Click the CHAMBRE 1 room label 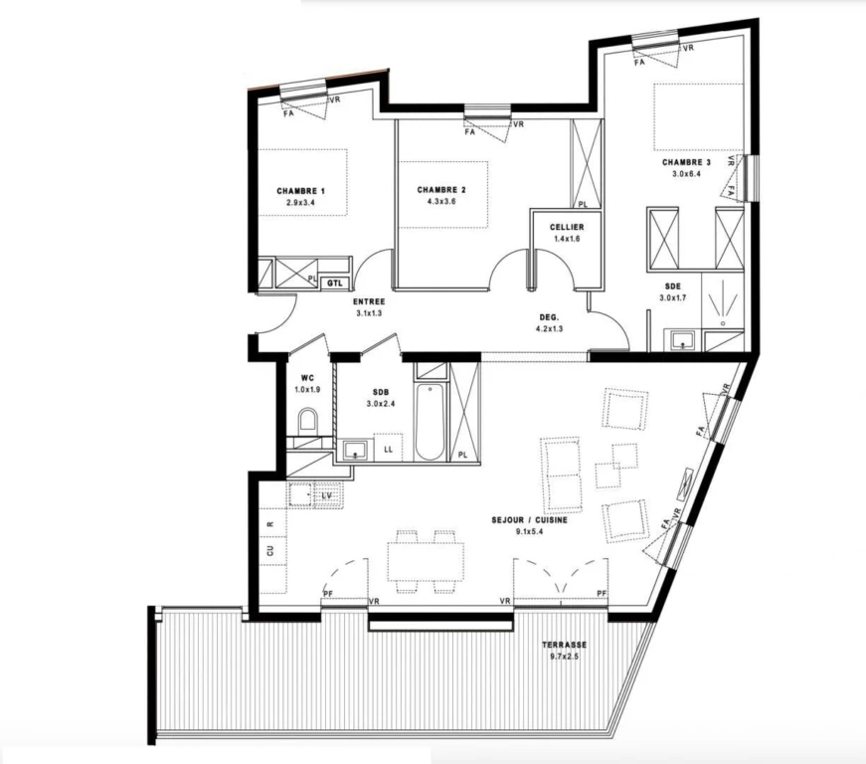pyautogui.click(x=300, y=191)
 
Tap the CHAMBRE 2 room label pyautogui.click(x=441, y=190)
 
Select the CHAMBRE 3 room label pyautogui.click(x=686, y=162)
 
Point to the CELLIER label pyautogui.click(x=567, y=227)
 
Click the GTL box pyautogui.click(x=335, y=284)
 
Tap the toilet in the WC pyautogui.click(x=307, y=421)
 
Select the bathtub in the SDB pyautogui.click(x=430, y=421)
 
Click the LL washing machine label pyautogui.click(x=389, y=450)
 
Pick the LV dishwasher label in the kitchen pyautogui.click(x=327, y=496)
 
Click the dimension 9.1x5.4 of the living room pyautogui.click(x=529, y=531)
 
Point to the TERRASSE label pyautogui.click(x=564, y=645)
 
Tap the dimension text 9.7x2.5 pyautogui.click(x=564, y=657)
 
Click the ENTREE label pyautogui.click(x=369, y=302)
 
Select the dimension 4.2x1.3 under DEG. pyautogui.click(x=549, y=328)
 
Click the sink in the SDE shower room pyautogui.click(x=684, y=340)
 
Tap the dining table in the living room pyautogui.click(x=426, y=561)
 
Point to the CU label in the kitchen pyautogui.click(x=270, y=551)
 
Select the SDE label pyautogui.click(x=673, y=286)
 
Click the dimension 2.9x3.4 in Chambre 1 pyautogui.click(x=300, y=203)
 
